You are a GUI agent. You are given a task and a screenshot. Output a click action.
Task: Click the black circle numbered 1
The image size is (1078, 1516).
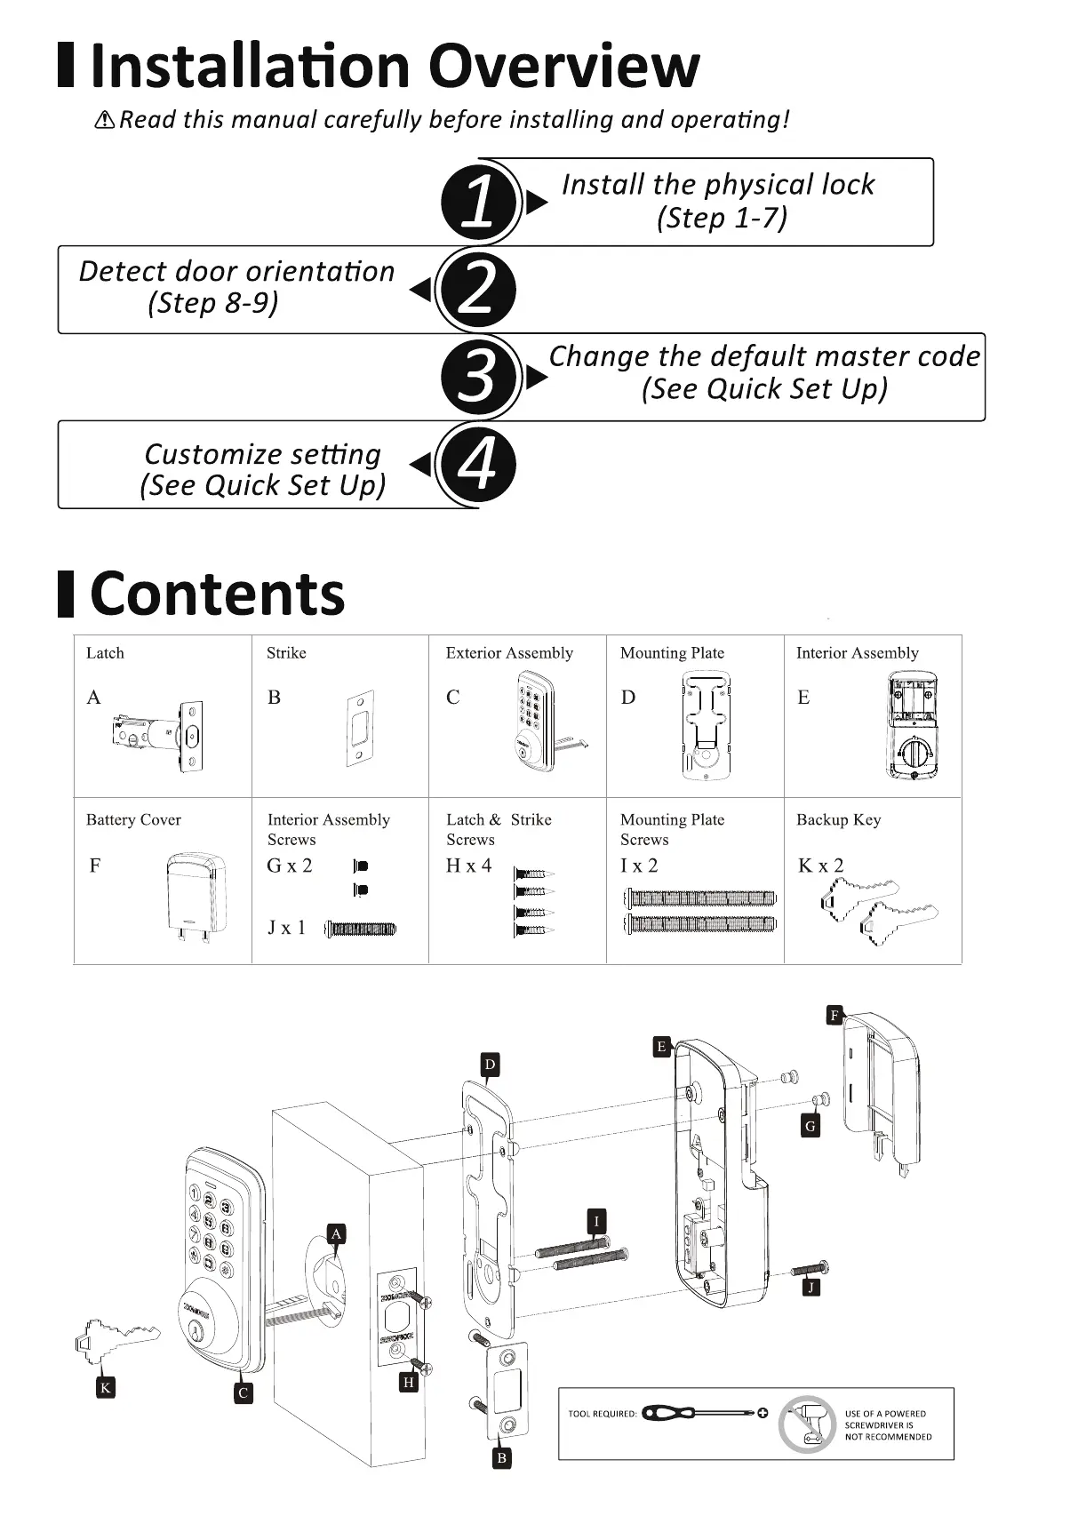[478, 202]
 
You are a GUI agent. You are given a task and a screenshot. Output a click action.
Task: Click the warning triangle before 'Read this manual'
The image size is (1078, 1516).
[105, 120]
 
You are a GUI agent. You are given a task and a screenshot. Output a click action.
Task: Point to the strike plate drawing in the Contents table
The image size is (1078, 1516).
[360, 729]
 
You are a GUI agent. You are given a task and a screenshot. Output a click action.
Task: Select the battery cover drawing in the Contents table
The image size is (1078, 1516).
[196, 896]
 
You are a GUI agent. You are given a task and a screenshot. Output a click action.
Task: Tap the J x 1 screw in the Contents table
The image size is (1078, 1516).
[361, 930]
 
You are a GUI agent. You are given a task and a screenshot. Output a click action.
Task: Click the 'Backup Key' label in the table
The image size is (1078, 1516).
[838, 820]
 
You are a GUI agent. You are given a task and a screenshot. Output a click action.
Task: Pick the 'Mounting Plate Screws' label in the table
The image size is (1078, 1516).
[672, 829]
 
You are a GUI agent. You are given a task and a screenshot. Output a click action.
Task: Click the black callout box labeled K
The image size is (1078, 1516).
[106, 1388]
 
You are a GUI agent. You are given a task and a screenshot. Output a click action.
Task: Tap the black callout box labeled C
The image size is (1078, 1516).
[243, 1393]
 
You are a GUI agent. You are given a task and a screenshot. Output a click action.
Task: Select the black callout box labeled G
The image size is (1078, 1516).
[810, 1127]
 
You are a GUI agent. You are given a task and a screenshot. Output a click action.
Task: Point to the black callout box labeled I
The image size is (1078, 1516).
[597, 1222]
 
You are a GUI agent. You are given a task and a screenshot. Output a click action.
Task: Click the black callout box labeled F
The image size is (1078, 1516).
[834, 1015]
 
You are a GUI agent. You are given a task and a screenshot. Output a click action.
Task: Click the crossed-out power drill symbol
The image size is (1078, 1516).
[808, 1424]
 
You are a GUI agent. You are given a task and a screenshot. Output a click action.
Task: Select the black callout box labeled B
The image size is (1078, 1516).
[501, 1458]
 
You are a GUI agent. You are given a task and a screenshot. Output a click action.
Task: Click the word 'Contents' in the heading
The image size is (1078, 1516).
[218, 594]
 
